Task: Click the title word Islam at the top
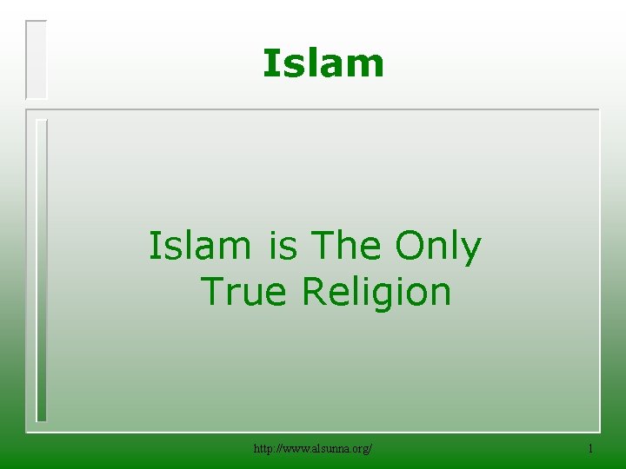click(323, 63)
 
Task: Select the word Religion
click(376, 293)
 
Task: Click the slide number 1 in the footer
click(590, 448)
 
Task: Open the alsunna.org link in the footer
click(313, 448)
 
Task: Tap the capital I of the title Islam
click(270, 63)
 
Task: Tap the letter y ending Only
click(470, 250)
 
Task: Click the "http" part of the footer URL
click(263, 448)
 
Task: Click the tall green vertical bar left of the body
click(40, 269)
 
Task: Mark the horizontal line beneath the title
click(313, 109)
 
